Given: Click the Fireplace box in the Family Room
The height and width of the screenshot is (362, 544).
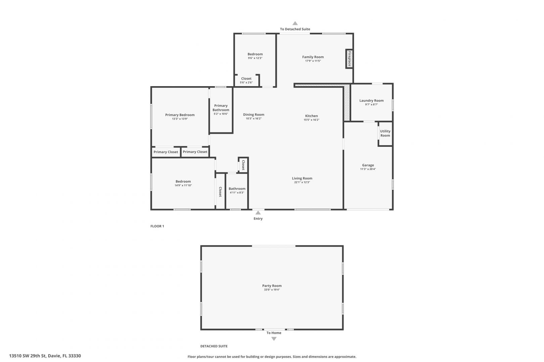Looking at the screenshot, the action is pos(349,59).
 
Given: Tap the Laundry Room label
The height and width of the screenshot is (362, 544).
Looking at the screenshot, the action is pos(371,101).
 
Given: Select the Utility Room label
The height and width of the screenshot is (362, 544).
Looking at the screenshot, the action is pos(385,133).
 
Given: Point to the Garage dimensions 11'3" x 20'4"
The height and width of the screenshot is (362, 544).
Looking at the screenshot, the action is pos(368,169).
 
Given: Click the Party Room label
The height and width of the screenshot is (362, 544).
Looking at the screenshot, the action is pos(272,286).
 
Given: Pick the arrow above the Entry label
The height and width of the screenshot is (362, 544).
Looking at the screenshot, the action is pos(258,213).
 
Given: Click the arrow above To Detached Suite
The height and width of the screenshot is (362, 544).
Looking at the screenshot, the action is pos(295,23).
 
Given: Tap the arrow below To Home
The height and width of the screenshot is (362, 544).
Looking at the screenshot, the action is pos(274,339).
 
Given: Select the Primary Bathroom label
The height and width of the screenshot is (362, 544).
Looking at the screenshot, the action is pos(221,108).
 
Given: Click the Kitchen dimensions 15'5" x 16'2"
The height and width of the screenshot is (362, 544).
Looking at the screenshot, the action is pos(312,120).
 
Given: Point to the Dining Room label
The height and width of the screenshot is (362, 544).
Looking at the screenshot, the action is pos(254,115).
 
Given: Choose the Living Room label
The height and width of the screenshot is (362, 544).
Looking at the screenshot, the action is pos(302,178).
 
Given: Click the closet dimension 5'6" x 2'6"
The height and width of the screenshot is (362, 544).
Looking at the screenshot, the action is pos(246,82).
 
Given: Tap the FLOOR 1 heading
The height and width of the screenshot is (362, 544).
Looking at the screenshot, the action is pos(157,226).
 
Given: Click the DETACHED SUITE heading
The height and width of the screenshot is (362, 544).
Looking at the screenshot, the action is pos(214,346).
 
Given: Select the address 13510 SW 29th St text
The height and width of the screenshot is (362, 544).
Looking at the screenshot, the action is pos(28,356).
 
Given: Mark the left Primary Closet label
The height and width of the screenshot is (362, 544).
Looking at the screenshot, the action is pos(166,152).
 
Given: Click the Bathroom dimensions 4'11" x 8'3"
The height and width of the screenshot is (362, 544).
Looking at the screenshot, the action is pos(237,193).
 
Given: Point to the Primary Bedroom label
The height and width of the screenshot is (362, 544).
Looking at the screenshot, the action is pos(180,115).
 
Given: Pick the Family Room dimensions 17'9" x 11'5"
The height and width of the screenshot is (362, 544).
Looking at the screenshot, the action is pos(313,61).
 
